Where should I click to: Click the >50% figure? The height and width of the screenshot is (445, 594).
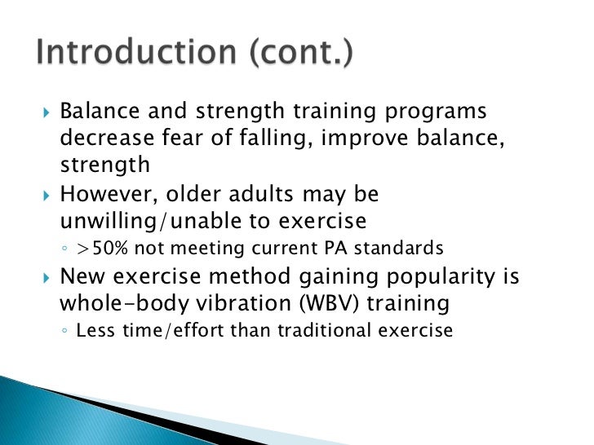point(101,249)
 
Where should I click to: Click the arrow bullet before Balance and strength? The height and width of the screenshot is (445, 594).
point(45,112)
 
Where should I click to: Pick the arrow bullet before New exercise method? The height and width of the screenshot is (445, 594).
point(45,277)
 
